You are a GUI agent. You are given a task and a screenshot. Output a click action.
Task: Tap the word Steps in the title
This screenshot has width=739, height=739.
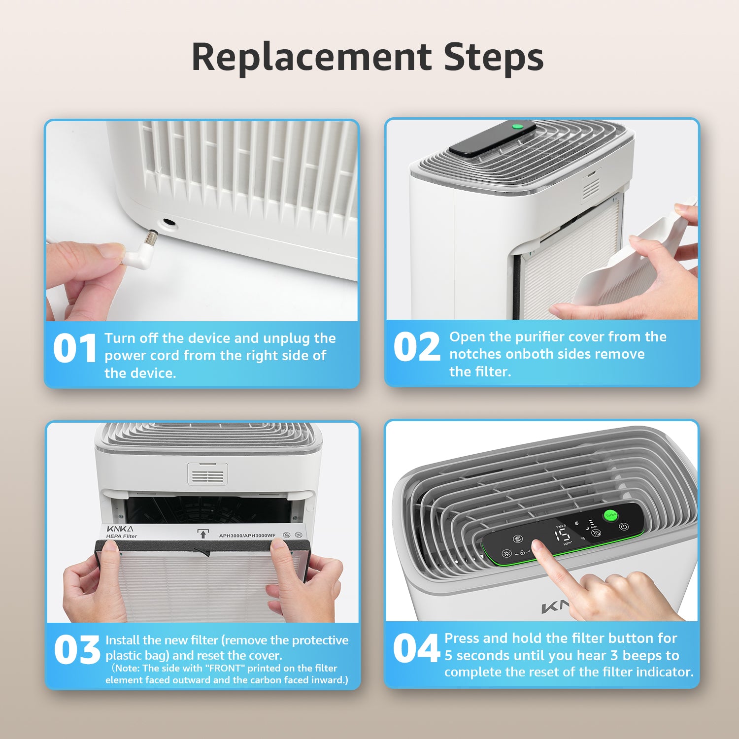point(494,57)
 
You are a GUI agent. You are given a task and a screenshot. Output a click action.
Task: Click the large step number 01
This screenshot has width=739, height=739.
point(75,348)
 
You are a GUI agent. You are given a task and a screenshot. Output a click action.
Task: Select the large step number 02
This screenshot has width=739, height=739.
point(417,346)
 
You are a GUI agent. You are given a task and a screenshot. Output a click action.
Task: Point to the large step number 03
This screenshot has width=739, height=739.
point(77,649)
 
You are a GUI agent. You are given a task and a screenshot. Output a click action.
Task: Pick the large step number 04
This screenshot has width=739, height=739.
point(416,648)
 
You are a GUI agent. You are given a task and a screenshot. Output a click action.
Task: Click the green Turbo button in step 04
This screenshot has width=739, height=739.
point(611,515)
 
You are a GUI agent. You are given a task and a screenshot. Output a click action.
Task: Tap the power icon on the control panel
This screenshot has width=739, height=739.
point(624,526)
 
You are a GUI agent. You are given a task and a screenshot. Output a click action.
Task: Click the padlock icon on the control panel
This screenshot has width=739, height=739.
point(522,552)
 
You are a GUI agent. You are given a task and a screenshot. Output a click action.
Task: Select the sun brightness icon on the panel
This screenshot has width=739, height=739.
point(506,553)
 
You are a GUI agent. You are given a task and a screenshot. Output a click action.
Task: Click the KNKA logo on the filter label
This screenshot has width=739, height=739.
point(120,529)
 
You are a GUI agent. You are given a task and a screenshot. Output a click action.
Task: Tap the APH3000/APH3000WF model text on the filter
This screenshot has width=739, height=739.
point(247,536)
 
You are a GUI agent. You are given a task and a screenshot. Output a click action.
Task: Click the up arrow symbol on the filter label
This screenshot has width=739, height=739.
point(202,534)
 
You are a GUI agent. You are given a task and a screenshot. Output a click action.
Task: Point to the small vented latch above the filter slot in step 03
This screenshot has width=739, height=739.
point(207,474)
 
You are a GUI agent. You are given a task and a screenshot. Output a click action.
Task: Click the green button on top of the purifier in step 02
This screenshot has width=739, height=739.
point(517,127)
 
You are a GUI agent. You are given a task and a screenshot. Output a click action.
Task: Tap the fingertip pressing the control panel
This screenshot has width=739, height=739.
point(537,547)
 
